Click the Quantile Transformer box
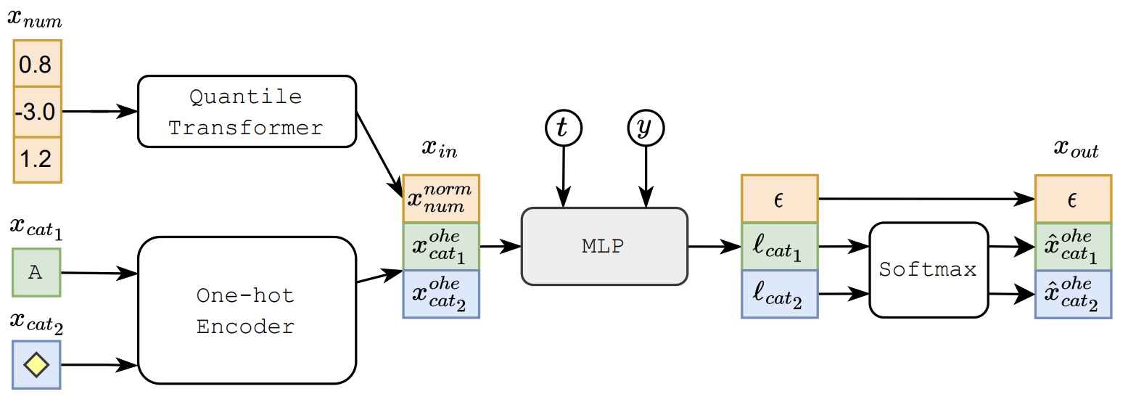(x=246, y=112)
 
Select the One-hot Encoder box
(x=246, y=311)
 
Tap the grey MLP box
(x=604, y=246)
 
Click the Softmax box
(x=928, y=270)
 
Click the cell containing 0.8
(x=37, y=65)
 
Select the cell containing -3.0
(x=37, y=112)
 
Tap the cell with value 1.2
(x=37, y=159)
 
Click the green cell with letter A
(x=37, y=272)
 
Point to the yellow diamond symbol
(x=37, y=364)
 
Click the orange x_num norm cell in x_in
(x=441, y=198)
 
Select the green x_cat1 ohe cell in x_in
(x=441, y=246)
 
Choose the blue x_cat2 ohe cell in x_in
(x=441, y=294)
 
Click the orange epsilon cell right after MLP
(x=779, y=198)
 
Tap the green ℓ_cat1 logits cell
(x=779, y=246)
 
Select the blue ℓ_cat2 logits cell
(x=779, y=294)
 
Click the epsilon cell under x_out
(x=1073, y=198)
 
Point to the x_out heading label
(x=1075, y=151)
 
